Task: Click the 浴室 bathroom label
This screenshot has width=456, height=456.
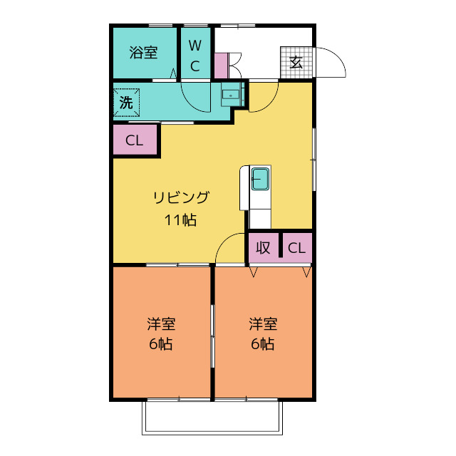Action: (x=143, y=53)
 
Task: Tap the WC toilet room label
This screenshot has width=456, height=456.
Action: (x=195, y=56)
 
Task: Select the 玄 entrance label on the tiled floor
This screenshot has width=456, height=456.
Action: (x=296, y=62)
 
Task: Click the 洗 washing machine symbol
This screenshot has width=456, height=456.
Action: (x=126, y=103)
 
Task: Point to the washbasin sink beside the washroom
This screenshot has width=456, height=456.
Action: (x=232, y=95)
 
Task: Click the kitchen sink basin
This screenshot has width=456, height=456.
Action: (x=260, y=179)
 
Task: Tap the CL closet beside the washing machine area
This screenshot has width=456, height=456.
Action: (x=135, y=140)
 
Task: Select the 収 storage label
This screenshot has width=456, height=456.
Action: (x=263, y=248)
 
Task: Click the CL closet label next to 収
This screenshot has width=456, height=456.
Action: (x=296, y=248)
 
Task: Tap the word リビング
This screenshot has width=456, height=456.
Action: (x=181, y=197)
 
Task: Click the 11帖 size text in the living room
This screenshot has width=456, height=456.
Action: (x=180, y=220)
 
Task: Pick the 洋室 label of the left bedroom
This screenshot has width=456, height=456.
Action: (x=161, y=324)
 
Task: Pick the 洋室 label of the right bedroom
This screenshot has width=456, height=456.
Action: (x=263, y=324)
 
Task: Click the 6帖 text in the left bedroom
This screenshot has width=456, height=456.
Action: (x=161, y=344)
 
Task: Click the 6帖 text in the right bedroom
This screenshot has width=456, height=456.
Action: (x=263, y=344)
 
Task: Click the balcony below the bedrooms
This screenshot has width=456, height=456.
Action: (x=212, y=418)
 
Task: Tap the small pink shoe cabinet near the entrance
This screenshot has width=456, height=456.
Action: (x=221, y=66)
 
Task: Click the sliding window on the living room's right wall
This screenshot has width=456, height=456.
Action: (x=314, y=160)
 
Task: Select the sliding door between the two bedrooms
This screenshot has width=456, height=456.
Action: (x=212, y=336)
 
